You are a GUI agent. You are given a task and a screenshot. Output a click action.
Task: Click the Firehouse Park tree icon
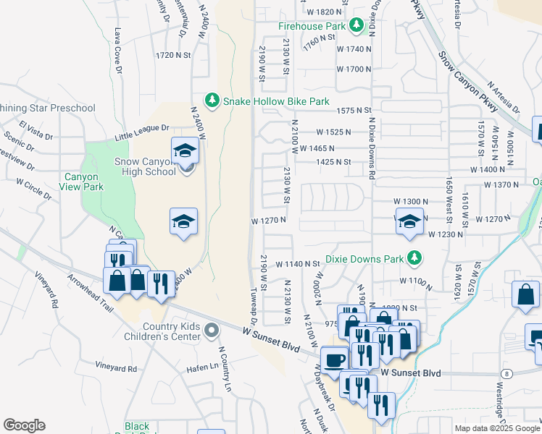[356, 26]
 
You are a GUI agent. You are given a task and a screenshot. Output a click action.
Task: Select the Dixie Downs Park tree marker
[414, 258]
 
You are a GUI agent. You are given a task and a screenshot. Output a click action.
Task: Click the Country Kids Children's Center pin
[211, 331]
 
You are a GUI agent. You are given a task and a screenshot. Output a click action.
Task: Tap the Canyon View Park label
[94, 181]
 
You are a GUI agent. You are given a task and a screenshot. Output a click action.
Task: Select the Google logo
[24, 425]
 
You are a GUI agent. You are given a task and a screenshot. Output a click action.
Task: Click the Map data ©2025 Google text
[496, 428]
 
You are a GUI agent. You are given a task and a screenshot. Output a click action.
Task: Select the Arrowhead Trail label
[91, 293]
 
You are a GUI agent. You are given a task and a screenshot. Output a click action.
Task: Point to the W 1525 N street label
[333, 132]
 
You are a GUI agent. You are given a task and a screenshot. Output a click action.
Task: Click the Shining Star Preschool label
[48, 109]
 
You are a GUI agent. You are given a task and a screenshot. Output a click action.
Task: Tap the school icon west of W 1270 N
[184, 222]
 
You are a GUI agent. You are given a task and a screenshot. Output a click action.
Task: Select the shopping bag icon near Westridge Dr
[525, 295]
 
